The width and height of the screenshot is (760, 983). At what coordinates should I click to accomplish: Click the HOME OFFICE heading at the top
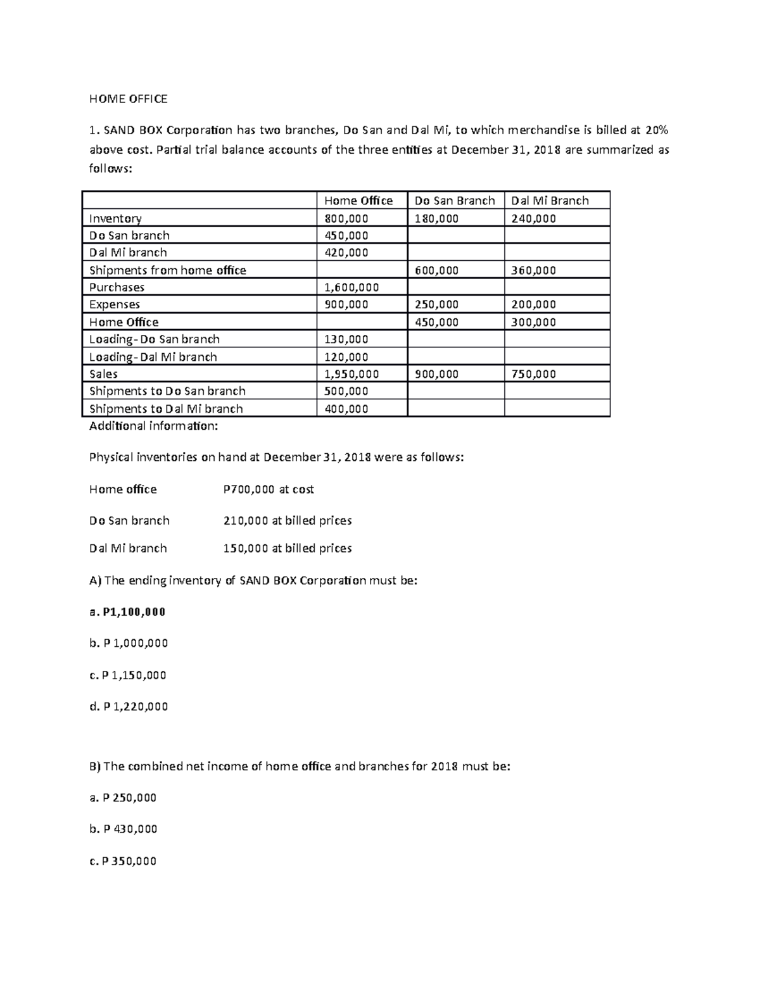pyautogui.click(x=128, y=99)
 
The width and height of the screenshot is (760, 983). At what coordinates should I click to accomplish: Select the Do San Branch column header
pyautogui.click(x=454, y=201)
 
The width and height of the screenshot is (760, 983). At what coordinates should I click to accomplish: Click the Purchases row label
pyautogui.click(x=117, y=287)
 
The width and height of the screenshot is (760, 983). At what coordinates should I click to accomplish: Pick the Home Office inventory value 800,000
pyautogui.click(x=346, y=218)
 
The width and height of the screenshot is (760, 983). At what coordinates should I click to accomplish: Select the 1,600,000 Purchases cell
pyautogui.click(x=351, y=287)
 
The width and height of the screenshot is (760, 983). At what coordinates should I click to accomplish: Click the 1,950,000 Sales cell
pyautogui.click(x=351, y=374)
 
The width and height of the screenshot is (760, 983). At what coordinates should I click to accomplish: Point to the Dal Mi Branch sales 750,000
pyautogui.click(x=533, y=374)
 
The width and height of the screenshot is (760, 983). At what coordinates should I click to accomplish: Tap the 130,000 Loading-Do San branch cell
pyautogui.click(x=346, y=339)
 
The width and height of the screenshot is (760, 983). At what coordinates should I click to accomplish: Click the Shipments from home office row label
pyautogui.click(x=167, y=270)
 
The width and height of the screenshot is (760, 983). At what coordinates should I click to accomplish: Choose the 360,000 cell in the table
pyautogui.click(x=533, y=270)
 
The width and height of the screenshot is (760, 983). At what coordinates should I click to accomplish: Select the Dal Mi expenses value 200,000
pyautogui.click(x=533, y=304)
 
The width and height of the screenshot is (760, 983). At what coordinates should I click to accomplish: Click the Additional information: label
pyautogui.click(x=153, y=426)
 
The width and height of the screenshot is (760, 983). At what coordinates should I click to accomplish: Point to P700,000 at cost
pyautogui.click(x=269, y=489)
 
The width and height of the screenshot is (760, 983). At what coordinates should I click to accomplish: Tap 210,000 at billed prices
pyautogui.click(x=288, y=521)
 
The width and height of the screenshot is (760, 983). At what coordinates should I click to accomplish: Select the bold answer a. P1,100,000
pyautogui.click(x=127, y=612)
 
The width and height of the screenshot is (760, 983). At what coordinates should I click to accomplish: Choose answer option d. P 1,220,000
pyautogui.click(x=129, y=706)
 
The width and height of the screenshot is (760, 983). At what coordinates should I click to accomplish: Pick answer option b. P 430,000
pyautogui.click(x=123, y=829)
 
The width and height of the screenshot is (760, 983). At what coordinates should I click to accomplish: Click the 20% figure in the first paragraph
pyautogui.click(x=656, y=130)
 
